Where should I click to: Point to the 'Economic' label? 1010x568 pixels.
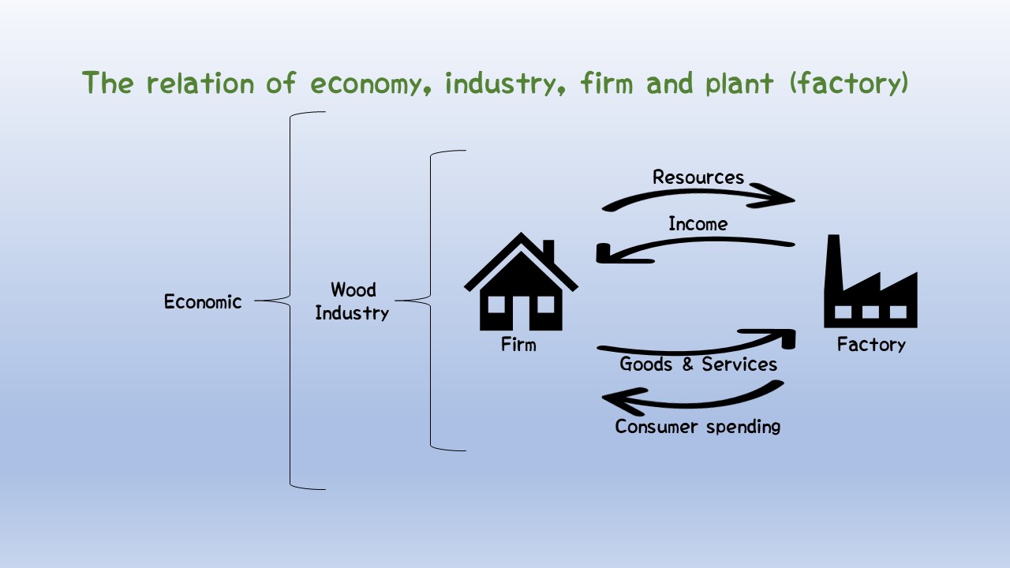[203, 301]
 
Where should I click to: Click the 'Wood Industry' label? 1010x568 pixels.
[353, 301]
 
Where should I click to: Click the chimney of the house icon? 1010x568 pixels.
[548, 251]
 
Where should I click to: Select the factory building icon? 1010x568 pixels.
[870, 288]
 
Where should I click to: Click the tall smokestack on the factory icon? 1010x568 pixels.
[832, 260]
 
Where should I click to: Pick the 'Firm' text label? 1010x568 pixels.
[518, 345]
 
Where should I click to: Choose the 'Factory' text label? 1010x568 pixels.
[871, 345]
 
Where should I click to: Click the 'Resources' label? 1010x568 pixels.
[698, 177]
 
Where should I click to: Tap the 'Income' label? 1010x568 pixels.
[698, 224]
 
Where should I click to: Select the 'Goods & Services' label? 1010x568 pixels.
[698, 364]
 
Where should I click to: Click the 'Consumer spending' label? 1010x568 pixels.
[698, 427]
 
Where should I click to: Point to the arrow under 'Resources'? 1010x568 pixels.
[698, 196]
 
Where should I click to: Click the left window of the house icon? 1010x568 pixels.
[499, 304]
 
